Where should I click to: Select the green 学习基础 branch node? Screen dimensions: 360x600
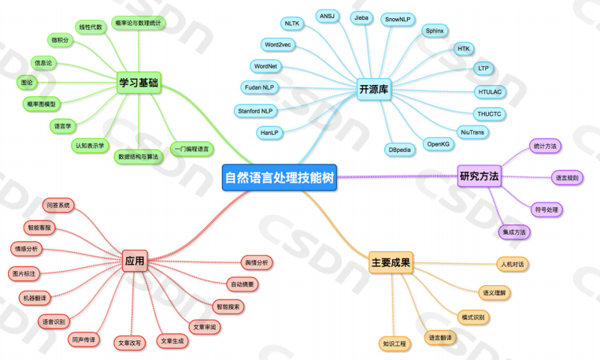coord(138,82)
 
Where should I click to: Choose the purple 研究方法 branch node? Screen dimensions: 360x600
coord(479,176)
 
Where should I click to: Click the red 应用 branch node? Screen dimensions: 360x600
coord(135,261)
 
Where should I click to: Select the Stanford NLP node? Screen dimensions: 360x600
coord(255,111)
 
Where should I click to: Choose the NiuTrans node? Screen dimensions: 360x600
coord(472,132)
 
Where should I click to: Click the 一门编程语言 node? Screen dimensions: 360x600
coord(191,149)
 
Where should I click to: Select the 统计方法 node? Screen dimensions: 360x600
coord(545,147)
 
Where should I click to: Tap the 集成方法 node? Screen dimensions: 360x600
coord(513,232)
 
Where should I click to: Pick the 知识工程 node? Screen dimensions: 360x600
coord(394,343)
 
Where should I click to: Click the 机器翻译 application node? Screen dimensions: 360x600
coord(35,299)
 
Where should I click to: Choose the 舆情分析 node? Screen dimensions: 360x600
coord(255,262)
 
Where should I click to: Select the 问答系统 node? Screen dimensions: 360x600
coord(58,206)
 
